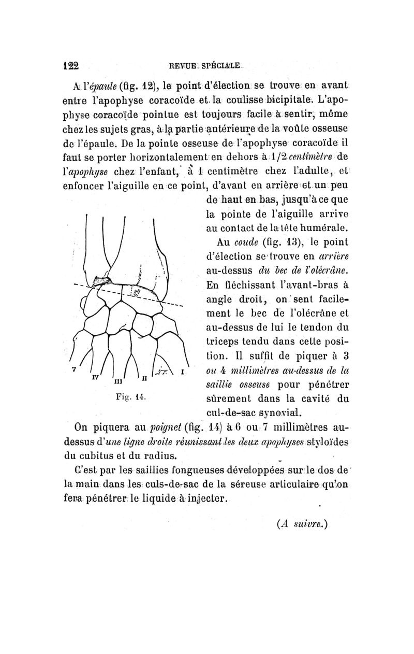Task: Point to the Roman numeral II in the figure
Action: click(x=145, y=379)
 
